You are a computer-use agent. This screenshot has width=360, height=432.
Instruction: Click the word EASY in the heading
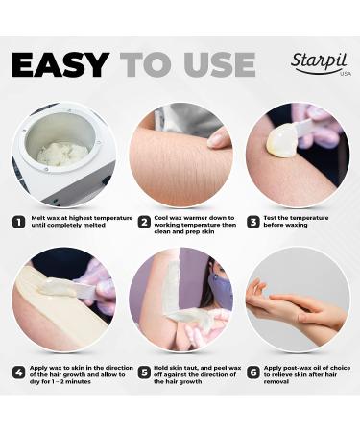point(60,65)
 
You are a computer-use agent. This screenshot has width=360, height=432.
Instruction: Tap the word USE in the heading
point(220,65)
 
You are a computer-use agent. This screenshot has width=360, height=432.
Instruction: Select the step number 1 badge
point(19,222)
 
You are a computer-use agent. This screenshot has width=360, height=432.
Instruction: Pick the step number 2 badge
point(144,222)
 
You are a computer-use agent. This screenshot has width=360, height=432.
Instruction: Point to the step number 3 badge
point(253,222)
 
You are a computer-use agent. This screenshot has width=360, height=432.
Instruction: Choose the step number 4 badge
point(19,372)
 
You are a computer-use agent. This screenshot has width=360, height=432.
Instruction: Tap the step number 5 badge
point(144,372)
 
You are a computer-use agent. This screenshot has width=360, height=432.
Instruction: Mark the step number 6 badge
point(253,372)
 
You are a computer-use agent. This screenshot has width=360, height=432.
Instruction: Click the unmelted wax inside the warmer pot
point(62,155)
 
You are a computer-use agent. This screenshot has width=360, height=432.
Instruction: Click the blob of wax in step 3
point(281,140)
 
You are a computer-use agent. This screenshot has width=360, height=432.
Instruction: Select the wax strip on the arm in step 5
point(171,288)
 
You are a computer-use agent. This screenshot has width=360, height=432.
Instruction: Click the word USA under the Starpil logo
point(346,74)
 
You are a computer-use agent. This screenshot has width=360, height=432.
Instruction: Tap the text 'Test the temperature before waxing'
point(296,222)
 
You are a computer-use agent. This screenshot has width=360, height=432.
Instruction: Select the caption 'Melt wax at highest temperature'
point(82,218)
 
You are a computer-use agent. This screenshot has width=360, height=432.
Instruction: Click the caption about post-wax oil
point(307,374)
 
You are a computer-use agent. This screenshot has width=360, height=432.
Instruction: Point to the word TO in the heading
point(147,65)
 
